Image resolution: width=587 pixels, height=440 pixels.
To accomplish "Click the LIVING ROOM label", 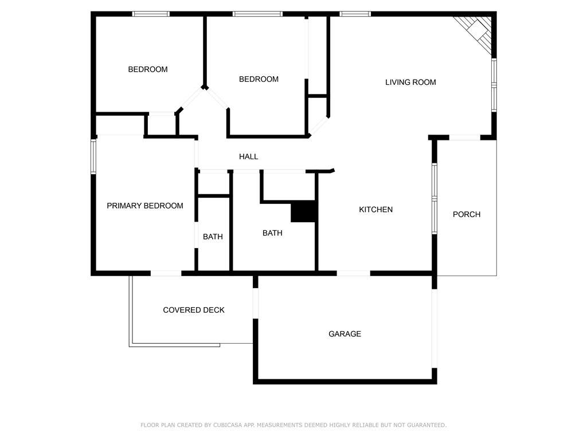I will click(410, 82).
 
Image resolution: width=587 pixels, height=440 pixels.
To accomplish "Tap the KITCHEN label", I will click(375, 210).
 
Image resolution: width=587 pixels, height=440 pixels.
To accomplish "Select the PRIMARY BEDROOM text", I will click(145, 206).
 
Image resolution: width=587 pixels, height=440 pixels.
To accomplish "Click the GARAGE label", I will click(345, 334).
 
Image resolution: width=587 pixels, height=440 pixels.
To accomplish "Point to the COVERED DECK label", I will click(194, 310).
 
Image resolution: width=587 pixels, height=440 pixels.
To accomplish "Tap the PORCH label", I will click(467, 214).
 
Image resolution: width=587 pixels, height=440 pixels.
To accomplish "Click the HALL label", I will click(248, 156).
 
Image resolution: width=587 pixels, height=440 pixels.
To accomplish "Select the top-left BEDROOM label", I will click(148, 69).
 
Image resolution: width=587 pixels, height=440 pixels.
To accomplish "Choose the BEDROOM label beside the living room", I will click(259, 79).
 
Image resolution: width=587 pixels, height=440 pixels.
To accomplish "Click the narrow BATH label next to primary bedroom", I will click(213, 237).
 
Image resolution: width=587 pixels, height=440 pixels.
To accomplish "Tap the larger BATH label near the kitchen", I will click(272, 233).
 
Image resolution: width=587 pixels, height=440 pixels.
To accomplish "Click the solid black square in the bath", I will click(304, 211).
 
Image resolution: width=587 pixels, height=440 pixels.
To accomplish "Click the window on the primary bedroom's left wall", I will click(93, 156).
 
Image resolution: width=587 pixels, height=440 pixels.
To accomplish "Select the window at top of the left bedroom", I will click(151, 14).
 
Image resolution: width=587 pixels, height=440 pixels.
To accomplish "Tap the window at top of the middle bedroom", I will click(257, 14).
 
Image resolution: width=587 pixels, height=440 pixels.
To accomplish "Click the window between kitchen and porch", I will click(435, 198).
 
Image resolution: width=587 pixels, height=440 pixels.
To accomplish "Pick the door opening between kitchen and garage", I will click(353, 273).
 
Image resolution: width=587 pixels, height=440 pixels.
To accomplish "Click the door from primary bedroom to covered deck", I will click(166, 273).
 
